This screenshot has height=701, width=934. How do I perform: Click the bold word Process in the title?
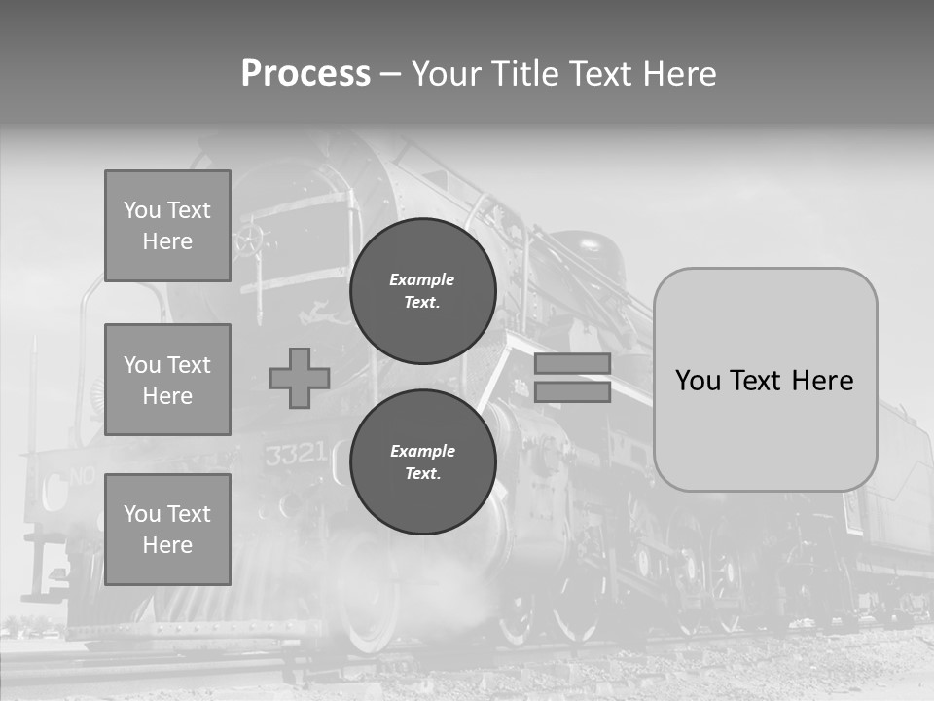click(305, 74)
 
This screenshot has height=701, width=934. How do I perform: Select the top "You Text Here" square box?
click(167, 226)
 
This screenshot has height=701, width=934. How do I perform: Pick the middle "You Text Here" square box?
click(167, 380)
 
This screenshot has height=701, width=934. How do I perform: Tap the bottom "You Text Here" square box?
click(167, 530)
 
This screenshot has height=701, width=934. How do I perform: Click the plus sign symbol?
click(300, 379)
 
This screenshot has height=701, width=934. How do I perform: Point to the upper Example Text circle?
click(422, 290)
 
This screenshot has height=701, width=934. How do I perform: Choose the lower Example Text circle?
click(422, 461)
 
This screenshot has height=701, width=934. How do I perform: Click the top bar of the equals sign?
click(573, 363)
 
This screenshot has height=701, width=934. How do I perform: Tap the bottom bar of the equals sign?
click(573, 392)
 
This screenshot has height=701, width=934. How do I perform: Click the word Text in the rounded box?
click(764, 381)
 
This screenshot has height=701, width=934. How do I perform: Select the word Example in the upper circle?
click(421, 279)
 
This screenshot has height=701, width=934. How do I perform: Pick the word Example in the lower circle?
click(422, 451)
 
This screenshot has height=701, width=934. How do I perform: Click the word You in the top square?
click(142, 210)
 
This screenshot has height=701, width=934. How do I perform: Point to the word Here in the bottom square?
click(167, 545)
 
